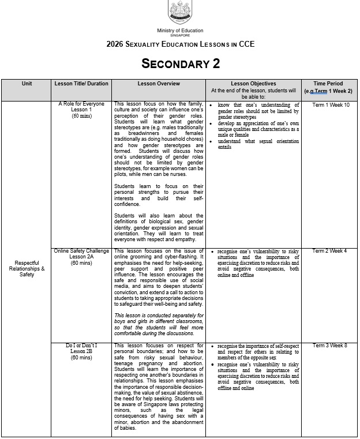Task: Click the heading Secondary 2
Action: click(181, 63)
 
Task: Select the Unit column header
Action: click(27, 84)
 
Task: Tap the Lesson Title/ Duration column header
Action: click(81, 84)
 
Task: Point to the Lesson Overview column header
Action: click(159, 84)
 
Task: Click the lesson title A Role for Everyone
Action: click(81, 104)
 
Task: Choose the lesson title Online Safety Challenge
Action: click(81, 252)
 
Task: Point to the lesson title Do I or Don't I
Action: click(81, 346)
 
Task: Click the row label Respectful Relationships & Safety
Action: click(27, 268)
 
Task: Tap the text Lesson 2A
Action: click(81, 257)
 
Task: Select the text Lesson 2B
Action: click(81, 351)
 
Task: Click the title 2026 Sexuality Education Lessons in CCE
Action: click(180, 44)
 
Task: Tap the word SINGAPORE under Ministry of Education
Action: click(180, 35)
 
